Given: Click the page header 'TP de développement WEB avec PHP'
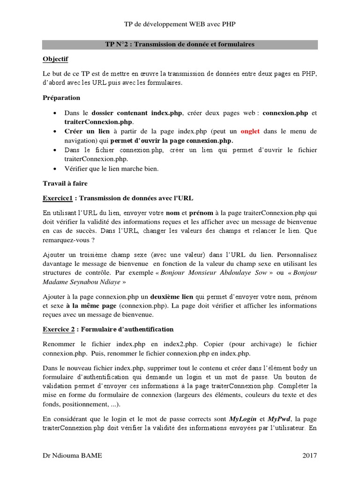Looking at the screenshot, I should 180,24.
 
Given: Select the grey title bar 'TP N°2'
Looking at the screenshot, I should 180,45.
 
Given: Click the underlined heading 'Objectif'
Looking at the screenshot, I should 55,59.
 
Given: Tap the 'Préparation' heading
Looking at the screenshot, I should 61,97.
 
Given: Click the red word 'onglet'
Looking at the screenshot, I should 254,132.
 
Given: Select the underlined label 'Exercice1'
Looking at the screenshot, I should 59,198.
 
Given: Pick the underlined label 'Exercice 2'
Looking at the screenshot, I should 60,329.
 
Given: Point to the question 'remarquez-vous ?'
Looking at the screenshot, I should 70,239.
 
